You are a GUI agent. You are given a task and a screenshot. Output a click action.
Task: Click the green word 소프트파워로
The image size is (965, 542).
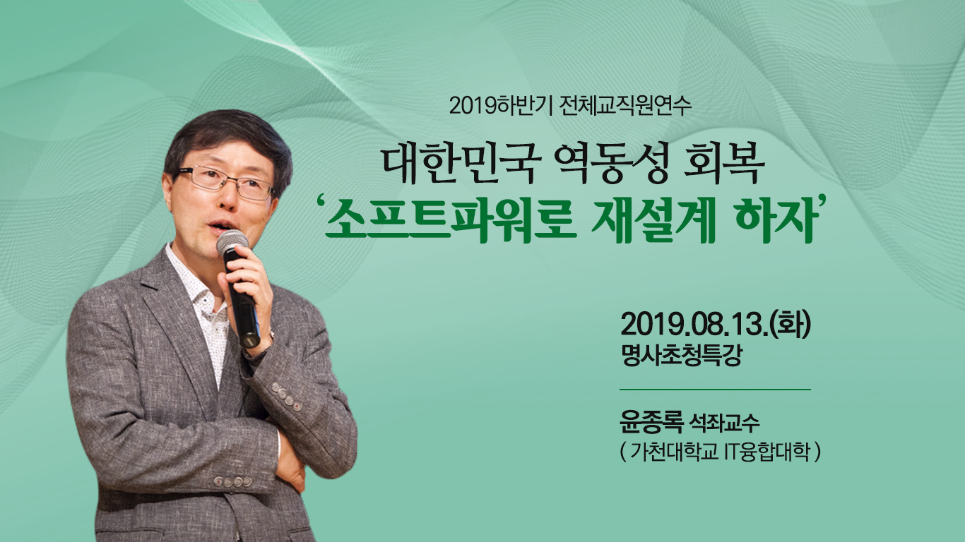[451, 222]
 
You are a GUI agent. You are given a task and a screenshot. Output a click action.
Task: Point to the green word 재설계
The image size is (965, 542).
[653, 222]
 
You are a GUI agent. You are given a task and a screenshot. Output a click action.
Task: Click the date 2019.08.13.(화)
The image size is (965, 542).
[716, 327]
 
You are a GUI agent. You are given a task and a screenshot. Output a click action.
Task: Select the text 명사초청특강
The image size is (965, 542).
[682, 356]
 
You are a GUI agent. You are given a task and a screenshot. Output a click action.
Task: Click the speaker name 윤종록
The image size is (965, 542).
[651, 423]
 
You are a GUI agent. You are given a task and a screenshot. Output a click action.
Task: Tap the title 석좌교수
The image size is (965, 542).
[723, 423]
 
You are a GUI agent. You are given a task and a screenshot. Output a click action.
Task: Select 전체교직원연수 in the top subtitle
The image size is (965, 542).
[625, 106]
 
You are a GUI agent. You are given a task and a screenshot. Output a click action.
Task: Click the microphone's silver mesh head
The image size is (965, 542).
[232, 242]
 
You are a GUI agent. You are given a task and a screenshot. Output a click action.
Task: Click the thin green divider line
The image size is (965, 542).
[715, 390]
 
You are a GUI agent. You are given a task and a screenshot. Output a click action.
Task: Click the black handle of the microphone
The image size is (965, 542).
[243, 300]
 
